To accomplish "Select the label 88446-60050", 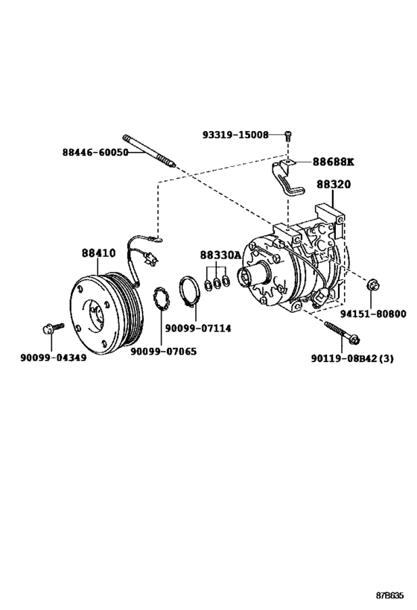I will click(x=95, y=152).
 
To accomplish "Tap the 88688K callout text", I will click(x=333, y=162).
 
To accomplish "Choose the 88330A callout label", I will click(x=220, y=255).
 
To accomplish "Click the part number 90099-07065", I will click(x=164, y=351).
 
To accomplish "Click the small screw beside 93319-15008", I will click(x=289, y=135).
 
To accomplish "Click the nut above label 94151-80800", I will click(x=372, y=283).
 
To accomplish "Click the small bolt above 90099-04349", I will click(x=51, y=327).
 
